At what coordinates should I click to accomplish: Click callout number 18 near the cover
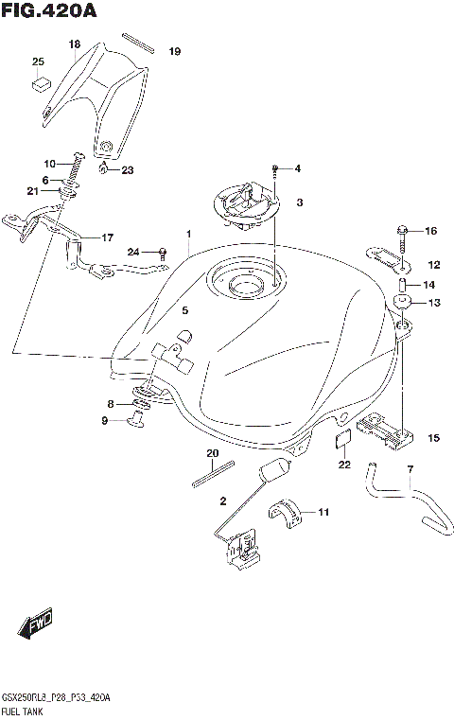[x=75, y=44]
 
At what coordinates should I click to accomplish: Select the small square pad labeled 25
[x=39, y=83]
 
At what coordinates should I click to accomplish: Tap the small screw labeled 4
[x=273, y=170]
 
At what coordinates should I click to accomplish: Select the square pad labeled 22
[x=344, y=439]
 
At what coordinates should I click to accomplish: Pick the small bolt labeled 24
[x=163, y=252]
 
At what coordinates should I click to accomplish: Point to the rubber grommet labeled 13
[x=402, y=304]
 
